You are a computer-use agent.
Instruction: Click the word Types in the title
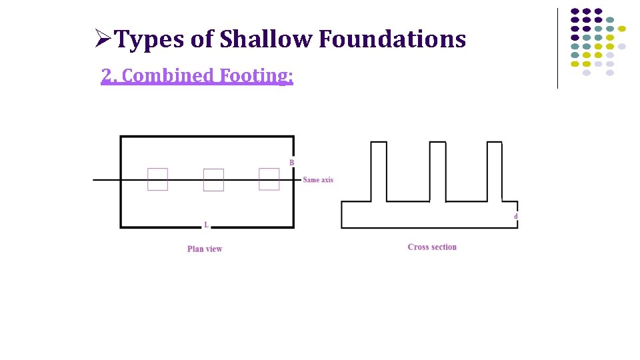pos(150,40)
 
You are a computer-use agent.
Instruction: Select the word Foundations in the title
pos(392,40)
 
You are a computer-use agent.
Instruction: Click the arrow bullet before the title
pos(103,40)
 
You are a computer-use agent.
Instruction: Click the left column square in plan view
pos(157,179)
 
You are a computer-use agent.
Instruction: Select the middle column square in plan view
pos(213,180)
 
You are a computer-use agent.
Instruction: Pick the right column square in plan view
pos(269,179)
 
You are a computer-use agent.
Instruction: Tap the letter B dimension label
pos(291,163)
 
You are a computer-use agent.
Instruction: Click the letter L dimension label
pos(206,225)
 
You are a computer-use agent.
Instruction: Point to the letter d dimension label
pos(515,217)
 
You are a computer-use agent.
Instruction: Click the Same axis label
pos(318,180)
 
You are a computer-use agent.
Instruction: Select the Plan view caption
pos(205,249)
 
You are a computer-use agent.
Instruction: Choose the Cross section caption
pos(432,247)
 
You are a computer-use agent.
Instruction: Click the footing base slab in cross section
pos(429,215)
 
